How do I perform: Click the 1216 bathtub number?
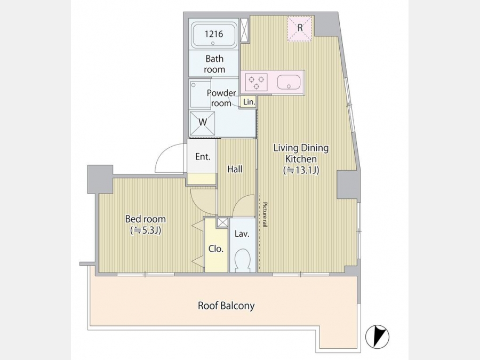tap(214, 34)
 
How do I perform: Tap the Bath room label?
tap(214, 64)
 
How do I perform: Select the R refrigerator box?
tap(300, 28)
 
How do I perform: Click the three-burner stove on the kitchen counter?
tap(257, 82)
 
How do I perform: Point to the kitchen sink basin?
tap(289, 82)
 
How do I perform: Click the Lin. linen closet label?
tap(249, 102)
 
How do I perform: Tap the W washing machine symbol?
tap(202, 123)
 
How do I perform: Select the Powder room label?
tap(221, 98)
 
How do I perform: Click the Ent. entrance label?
tap(203, 157)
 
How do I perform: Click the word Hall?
tap(235, 169)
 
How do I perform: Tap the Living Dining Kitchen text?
tap(301, 159)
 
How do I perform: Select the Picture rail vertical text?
tap(265, 214)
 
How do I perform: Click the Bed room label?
tap(146, 225)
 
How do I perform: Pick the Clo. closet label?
tap(216, 249)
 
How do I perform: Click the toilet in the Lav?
tap(243, 260)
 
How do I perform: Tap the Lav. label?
tap(242, 234)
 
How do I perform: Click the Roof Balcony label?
tap(226, 306)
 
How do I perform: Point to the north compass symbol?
tap(378, 337)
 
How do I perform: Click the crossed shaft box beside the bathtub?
tap(245, 30)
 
